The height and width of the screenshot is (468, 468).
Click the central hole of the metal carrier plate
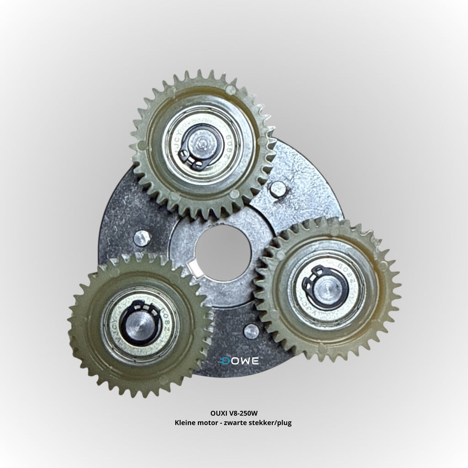point(223,252)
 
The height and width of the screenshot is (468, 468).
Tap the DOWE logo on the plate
point(239,361)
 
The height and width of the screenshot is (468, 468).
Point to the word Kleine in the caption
point(186,423)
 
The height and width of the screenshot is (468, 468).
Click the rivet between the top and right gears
point(278,189)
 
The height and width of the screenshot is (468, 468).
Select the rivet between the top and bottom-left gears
point(142,238)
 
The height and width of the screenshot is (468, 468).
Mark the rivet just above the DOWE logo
point(251,331)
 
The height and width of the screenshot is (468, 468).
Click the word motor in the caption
point(209,423)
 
